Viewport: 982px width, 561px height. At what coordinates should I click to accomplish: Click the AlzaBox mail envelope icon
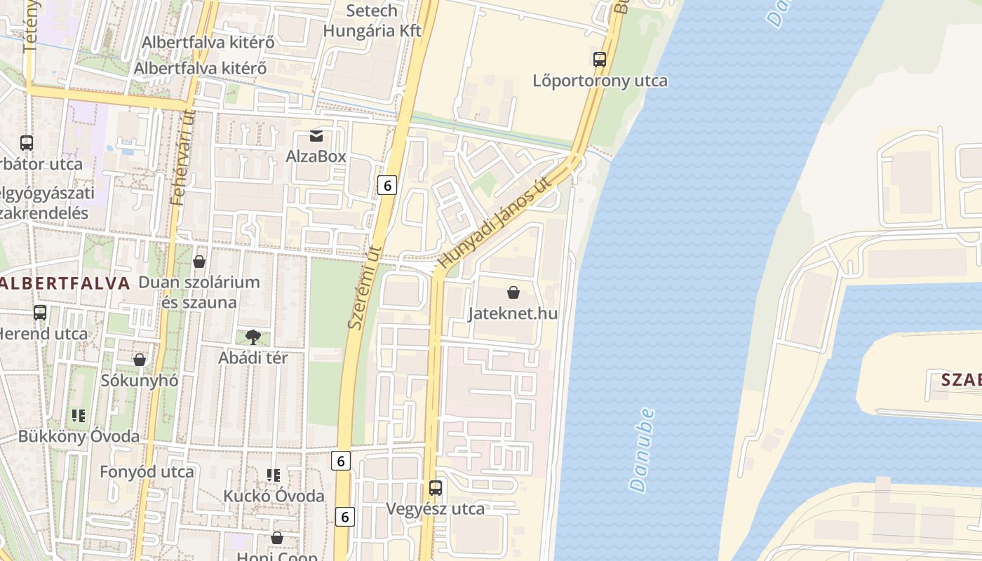316,135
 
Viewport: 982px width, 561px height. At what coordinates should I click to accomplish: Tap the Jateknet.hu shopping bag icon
513,292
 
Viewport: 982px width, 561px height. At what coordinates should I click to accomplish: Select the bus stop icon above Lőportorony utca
600,60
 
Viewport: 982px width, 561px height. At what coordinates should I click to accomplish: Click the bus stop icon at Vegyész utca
436,487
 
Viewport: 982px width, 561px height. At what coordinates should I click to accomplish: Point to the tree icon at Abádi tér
253,337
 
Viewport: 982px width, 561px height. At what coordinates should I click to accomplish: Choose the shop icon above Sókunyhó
140,360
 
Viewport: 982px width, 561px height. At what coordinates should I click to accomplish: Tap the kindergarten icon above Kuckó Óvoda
274,475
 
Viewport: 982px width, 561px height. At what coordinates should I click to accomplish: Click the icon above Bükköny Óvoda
79,416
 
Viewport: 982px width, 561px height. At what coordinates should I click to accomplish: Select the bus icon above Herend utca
40,313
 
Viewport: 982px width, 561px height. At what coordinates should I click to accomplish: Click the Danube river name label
642,450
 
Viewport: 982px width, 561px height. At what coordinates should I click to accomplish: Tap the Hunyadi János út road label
495,222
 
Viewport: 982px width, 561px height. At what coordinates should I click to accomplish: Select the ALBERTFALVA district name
65,283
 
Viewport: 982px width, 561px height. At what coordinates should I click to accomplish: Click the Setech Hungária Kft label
372,21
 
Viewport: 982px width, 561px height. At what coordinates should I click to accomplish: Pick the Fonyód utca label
147,472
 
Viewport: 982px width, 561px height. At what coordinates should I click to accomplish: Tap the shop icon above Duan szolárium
199,262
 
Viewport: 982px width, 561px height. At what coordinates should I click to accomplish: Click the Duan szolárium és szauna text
199,292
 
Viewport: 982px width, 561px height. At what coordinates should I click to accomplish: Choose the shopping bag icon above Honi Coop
277,538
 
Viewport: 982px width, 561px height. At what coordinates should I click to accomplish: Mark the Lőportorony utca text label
600,81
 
